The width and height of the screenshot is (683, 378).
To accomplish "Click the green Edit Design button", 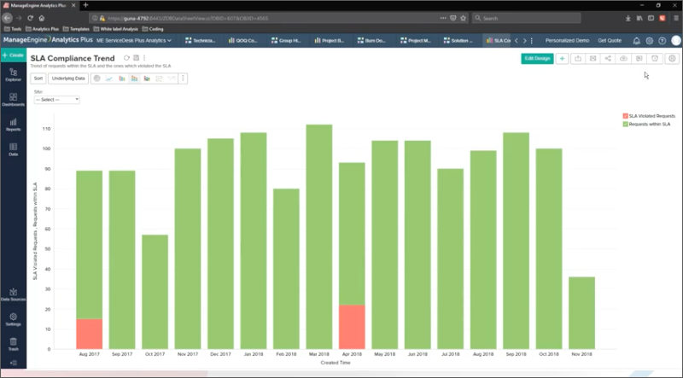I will coord(537,58).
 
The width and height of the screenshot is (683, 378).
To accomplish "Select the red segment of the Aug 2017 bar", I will coord(89,334).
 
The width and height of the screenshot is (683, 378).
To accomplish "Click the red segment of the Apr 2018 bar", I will coord(351,327).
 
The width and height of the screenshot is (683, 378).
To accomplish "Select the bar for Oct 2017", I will coord(155,292).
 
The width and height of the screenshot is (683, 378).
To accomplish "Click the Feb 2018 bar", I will coord(286,268).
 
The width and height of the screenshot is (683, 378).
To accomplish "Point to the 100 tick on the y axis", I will coord(47,148).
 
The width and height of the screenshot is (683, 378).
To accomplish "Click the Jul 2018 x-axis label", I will coord(450,353).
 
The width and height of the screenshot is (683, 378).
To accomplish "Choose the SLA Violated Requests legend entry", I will coord(652,115).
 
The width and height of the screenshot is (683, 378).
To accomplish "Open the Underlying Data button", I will coord(68,79).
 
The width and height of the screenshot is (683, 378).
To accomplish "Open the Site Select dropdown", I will coord(56,100).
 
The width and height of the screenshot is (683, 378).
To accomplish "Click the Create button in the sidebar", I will coord(13,55).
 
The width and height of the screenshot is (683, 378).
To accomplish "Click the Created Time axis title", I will coord(335,362).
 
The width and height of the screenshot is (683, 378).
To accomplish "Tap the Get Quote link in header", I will coord(610,40).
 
